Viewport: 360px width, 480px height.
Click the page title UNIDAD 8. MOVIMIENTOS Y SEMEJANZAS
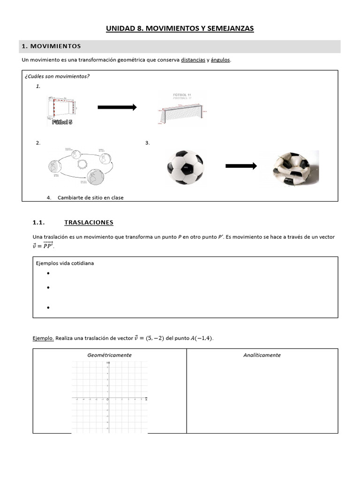tap(180, 29)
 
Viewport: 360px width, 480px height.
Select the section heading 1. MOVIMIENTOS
tap(51, 46)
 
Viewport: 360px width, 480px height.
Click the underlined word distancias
tap(193, 60)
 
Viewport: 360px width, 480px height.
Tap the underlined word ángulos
tap(220, 60)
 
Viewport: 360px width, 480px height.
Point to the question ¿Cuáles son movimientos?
tap(57, 76)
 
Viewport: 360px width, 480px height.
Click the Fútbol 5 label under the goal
tap(62, 122)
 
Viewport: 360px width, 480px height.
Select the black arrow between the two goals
tap(117, 107)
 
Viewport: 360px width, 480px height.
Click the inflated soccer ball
tap(185, 167)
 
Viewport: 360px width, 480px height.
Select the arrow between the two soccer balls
tap(241, 166)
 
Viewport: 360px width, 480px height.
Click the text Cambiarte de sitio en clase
tap(90, 197)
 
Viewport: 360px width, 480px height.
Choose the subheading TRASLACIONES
tap(89, 222)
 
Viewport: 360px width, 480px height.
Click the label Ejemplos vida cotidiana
tap(65, 263)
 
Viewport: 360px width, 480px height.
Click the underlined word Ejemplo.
tap(43, 337)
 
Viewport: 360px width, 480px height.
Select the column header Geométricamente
tap(109, 355)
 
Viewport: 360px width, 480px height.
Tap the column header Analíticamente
tap(262, 355)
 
